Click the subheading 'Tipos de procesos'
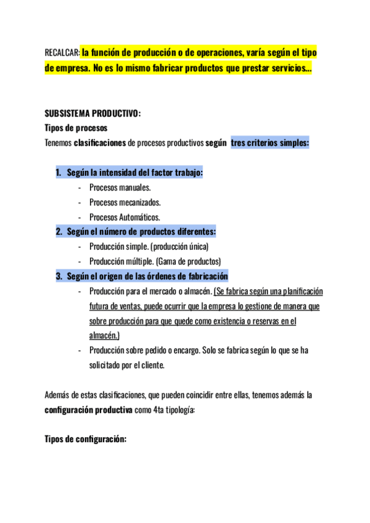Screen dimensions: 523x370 coord(76,128)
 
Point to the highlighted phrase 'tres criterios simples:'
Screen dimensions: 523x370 coord(270,143)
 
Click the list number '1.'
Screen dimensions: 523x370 coord(59,173)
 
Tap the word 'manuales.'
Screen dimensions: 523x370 coord(136,187)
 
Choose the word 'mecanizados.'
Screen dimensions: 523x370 coord(139,202)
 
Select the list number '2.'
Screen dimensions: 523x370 coord(59,232)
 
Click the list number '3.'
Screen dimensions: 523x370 coord(59,276)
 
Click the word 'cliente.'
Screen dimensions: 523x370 coord(151,365)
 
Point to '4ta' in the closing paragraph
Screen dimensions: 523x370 coord(158,410)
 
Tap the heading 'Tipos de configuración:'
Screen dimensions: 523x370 coord(86,439)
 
